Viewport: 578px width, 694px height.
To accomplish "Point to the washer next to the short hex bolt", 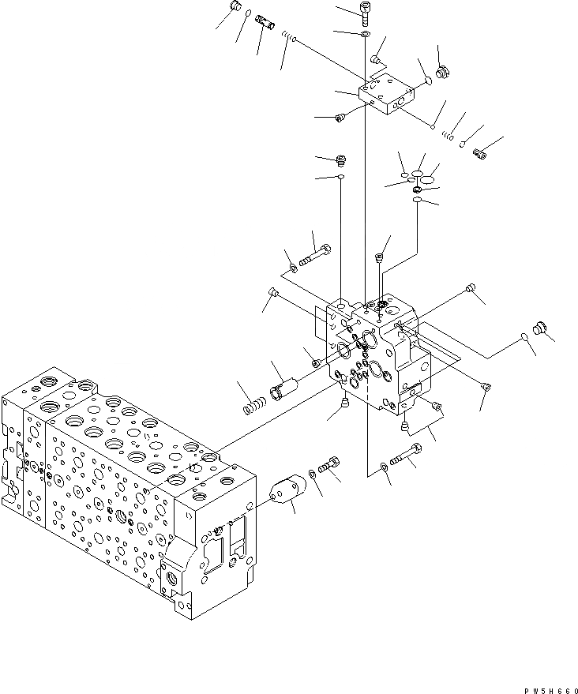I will [x=313, y=474].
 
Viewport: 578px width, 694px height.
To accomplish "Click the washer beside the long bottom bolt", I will [x=383, y=467].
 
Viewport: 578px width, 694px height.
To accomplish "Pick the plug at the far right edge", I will [x=541, y=328].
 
